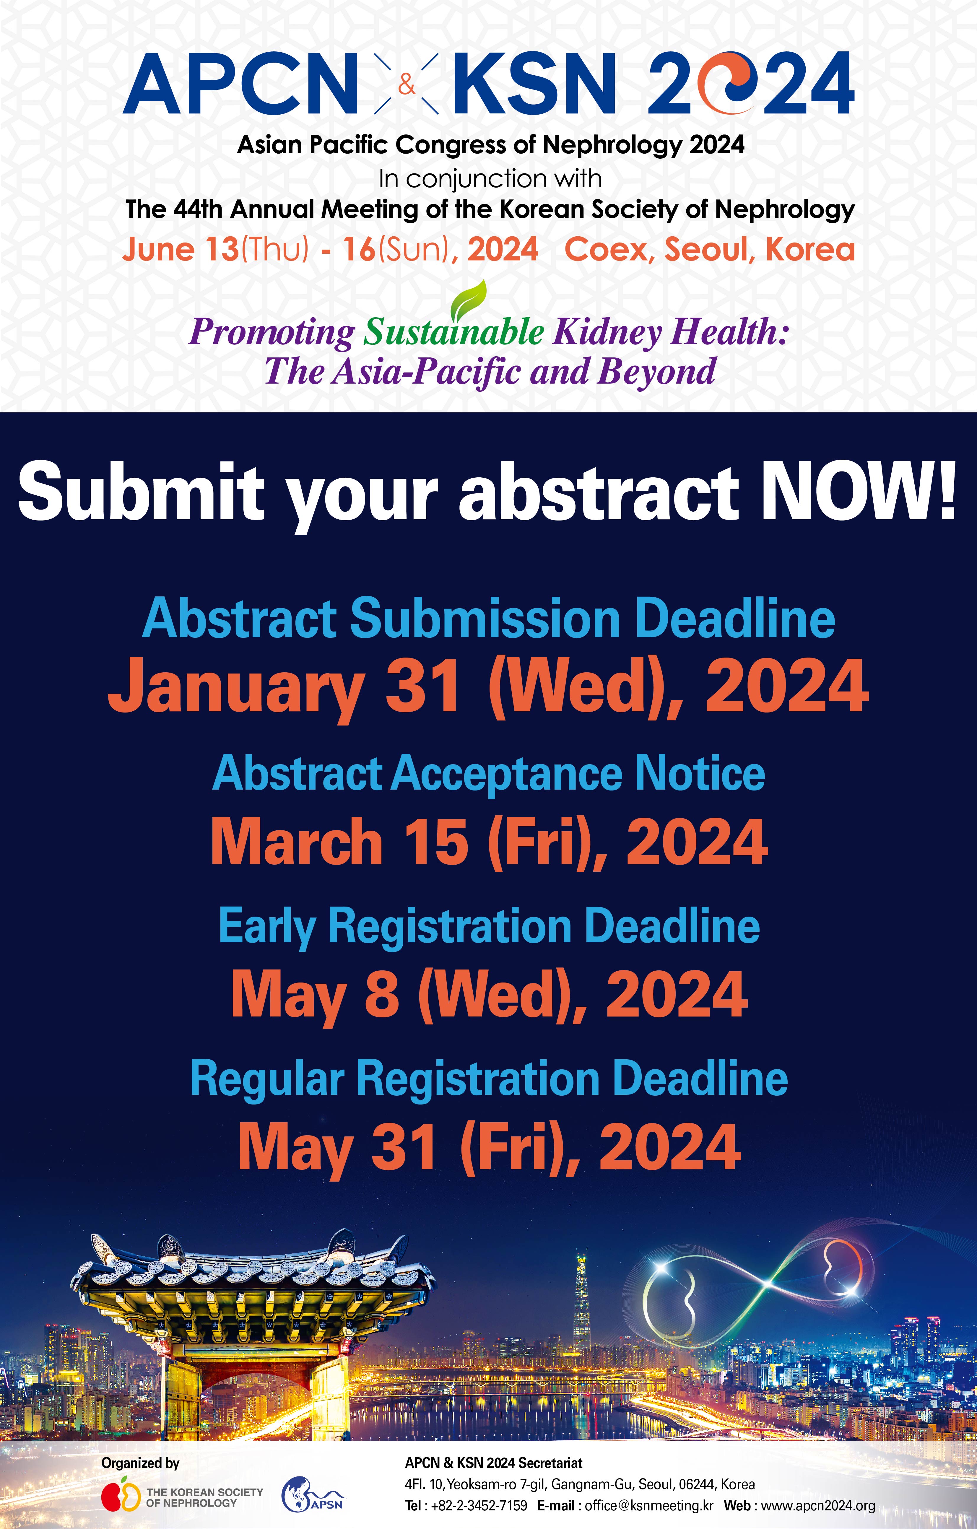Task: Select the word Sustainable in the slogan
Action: point(453,332)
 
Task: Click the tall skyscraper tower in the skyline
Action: point(581,1302)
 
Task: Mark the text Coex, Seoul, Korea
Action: point(710,249)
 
